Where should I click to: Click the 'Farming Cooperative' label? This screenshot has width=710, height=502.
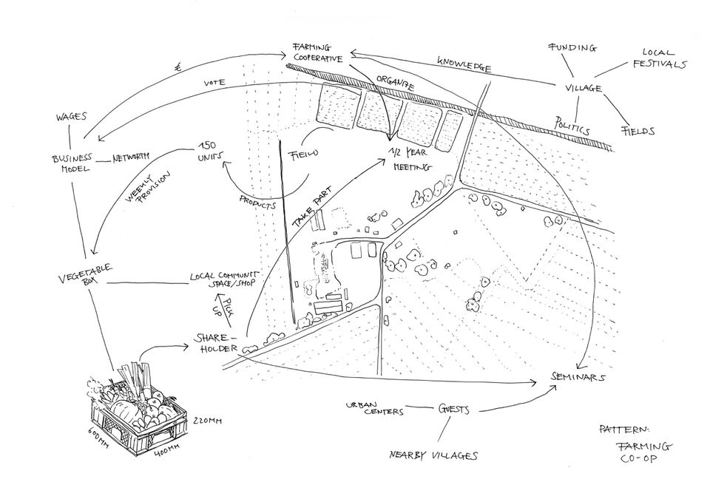(318, 52)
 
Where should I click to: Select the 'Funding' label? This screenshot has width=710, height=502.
(571, 47)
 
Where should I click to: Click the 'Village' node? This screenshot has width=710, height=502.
(583, 89)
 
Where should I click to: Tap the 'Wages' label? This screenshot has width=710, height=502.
(71, 117)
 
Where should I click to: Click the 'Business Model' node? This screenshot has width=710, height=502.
(72, 163)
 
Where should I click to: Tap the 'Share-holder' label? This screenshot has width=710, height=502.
(215, 344)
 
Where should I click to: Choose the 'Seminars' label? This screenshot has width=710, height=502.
(578, 376)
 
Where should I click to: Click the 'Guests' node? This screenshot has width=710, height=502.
(454, 409)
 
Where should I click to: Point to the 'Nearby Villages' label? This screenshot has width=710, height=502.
(433, 455)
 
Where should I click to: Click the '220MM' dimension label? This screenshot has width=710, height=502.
(208, 421)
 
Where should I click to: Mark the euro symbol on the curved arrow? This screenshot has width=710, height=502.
(178, 67)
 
